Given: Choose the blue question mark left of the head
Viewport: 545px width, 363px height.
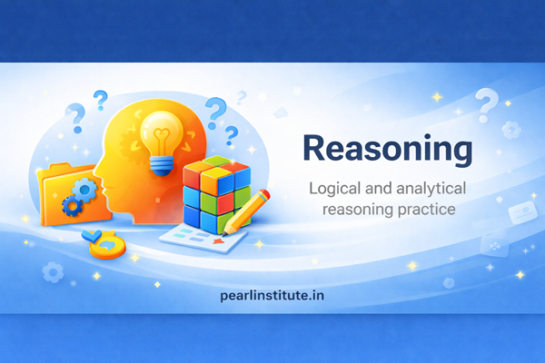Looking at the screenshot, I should (76, 115).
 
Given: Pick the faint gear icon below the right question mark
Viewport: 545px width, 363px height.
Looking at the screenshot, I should (510, 128).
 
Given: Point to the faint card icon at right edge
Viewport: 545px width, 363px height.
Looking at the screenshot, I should (522, 213).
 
